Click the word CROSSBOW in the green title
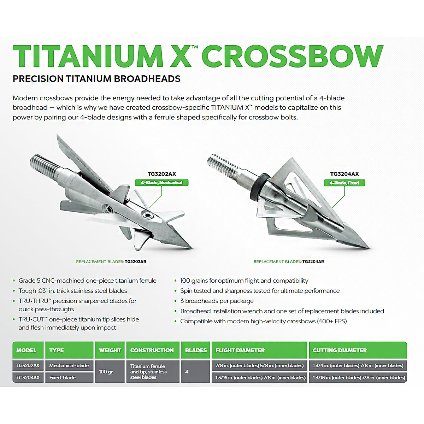coord(292,57)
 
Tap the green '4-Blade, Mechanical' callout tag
coord(162,183)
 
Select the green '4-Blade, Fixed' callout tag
coord(344,183)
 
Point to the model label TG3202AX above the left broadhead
coord(162,174)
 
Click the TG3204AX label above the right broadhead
coord(344,174)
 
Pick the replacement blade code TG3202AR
coord(135,262)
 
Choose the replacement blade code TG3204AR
coord(313,262)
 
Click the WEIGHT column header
coord(110,351)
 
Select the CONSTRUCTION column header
coord(152,351)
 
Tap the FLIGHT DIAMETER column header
coord(240,351)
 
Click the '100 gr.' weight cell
coord(106,372)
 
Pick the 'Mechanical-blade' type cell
coord(69,366)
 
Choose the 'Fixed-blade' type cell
coord(63,378)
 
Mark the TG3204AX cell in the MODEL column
coord(28,378)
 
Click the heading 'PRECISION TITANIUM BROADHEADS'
coord(96,79)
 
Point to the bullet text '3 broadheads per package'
coord(217,301)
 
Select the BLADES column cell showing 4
coord(187,372)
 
